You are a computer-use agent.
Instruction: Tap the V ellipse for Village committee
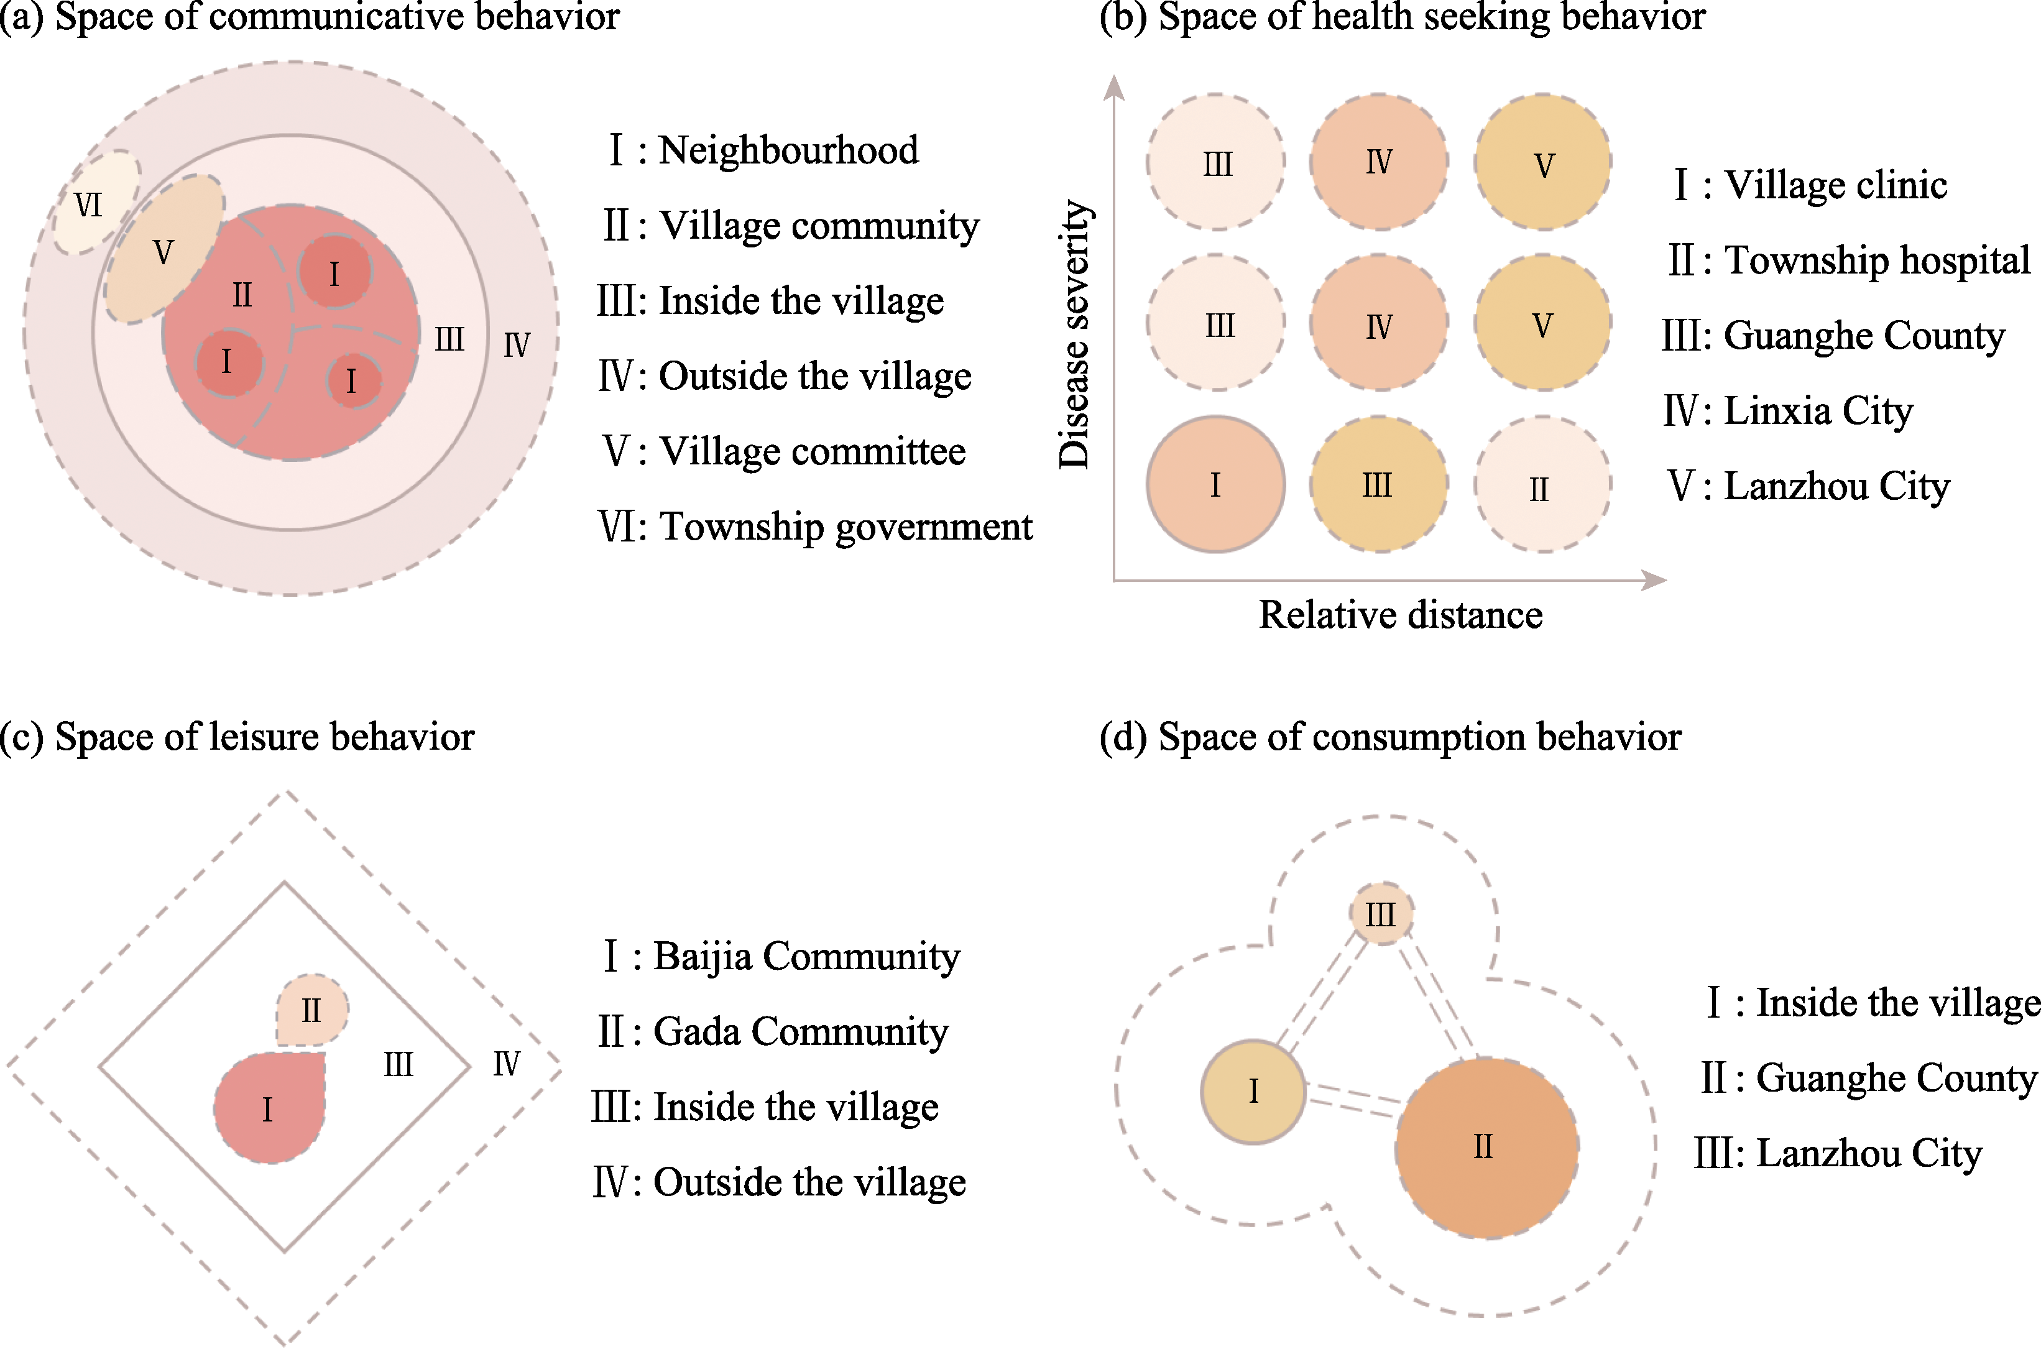tap(164, 249)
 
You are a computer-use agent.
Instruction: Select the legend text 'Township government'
tap(846, 527)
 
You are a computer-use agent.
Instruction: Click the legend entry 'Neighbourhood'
tap(788, 150)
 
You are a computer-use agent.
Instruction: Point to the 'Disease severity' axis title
tap(1074, 334)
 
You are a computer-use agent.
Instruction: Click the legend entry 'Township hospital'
tap(1877, 260)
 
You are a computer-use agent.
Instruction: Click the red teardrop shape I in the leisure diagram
tap(269, 1107)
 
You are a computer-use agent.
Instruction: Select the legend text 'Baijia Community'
tap(806, 956)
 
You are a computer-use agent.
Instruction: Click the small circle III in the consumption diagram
tap(1381, 914)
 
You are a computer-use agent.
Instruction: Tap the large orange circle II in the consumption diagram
tap(1487, 1148)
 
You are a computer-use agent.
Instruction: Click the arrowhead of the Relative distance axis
tap(1656, 581)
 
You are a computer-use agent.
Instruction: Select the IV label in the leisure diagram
tap(506, 1065)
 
